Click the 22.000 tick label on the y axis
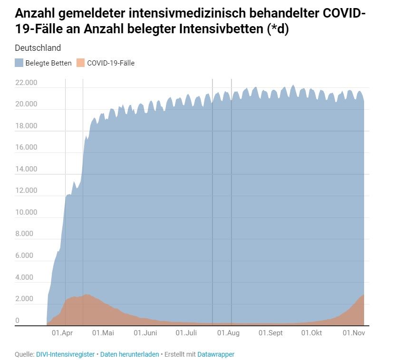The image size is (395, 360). (26, 83)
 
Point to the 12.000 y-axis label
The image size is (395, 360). (26, 190)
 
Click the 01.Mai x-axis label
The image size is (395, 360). (103, 333)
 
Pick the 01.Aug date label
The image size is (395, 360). (228, 333)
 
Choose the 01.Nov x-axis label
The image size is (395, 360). (354, 333)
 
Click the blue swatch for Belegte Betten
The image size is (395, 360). (19, 63)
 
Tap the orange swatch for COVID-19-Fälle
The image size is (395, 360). (80, 63)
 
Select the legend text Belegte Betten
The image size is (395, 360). (48, 63)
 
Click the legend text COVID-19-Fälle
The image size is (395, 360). (111, 63)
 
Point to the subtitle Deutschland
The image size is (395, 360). (38, 48)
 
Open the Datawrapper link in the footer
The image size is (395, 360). (216, 354)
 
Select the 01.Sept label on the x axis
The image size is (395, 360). (270, 333)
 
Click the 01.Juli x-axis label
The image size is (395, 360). (186, 333)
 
